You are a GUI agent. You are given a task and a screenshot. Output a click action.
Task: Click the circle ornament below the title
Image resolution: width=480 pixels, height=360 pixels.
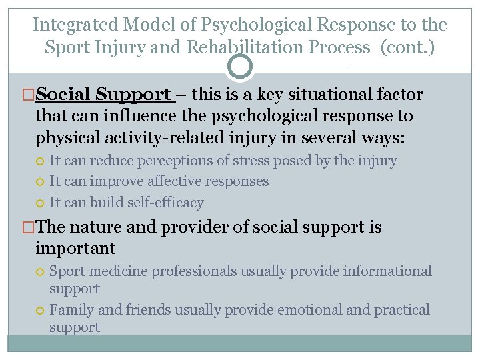click(240, 67)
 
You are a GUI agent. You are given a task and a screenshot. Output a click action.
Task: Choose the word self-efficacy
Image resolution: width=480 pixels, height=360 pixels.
click(171, 202)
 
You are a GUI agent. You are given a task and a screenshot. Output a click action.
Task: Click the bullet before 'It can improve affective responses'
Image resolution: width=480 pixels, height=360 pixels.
click(41, 182)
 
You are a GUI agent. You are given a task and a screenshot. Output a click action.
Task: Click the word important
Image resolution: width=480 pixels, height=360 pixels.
click(75, 248)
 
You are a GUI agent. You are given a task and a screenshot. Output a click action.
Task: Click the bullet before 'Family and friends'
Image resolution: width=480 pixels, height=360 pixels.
click(41, 311)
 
